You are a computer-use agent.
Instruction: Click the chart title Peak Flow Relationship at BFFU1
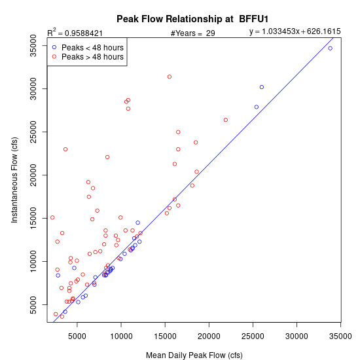[192, 19]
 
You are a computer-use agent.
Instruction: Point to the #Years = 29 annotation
[192, 33]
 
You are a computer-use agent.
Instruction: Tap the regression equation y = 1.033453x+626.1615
[295, 31]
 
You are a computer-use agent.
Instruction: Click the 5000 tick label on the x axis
[77, 336]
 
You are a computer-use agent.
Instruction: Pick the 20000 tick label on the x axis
[209, 336]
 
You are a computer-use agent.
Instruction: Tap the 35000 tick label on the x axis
[340, 336]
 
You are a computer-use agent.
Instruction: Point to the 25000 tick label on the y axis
[33, 132]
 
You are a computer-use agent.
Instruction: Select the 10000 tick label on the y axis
[33, 261]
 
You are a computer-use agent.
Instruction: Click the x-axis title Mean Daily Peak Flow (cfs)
[194, 355]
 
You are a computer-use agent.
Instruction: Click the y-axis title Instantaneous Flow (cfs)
[14, 180]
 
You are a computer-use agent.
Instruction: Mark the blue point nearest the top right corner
[330, 48]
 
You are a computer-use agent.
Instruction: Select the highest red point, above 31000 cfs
[170, 77]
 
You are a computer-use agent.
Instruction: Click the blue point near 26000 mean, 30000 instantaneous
[262, 87]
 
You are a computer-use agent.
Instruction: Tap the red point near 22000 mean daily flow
[226, 120]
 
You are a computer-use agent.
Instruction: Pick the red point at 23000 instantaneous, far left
[65, 149]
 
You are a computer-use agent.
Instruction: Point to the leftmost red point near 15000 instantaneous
[52, 217]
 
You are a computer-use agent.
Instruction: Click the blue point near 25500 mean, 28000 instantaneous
[257, 107]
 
